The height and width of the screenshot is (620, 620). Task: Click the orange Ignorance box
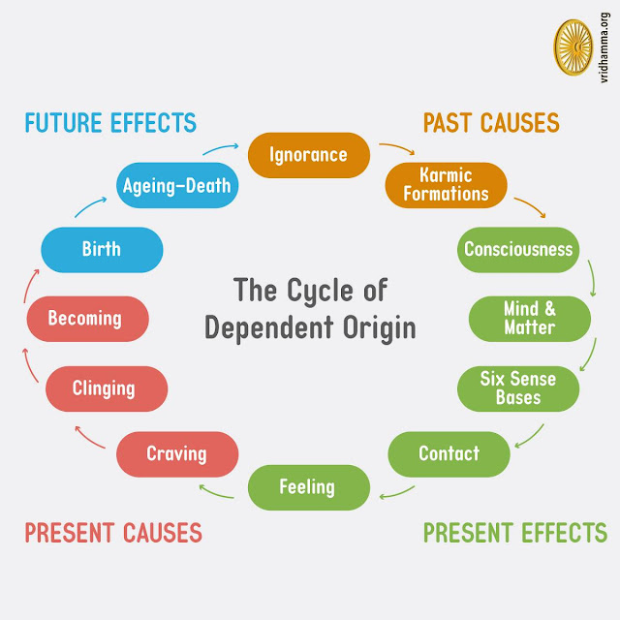coord(307,155)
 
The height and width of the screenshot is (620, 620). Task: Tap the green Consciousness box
coord(517,249)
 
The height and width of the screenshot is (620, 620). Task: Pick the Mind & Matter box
coord(529,319)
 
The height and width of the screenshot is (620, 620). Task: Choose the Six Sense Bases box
coord(517,387)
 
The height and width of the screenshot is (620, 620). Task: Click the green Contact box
coord(449,453)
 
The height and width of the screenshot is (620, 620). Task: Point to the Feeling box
coord(308,487)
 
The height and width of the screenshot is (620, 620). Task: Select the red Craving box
coord(176,453)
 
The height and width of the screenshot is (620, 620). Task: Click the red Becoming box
coord(86,318)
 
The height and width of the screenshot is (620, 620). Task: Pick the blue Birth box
coord(101,249)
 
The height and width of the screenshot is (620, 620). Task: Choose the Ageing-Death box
coord(177,184)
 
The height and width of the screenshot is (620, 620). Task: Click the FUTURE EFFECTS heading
coord(110,123)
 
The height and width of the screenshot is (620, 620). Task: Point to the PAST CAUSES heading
coord(491,123)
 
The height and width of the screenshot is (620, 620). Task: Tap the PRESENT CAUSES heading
coord(113,532)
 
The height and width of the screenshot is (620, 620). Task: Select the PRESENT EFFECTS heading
coord(514,532)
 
